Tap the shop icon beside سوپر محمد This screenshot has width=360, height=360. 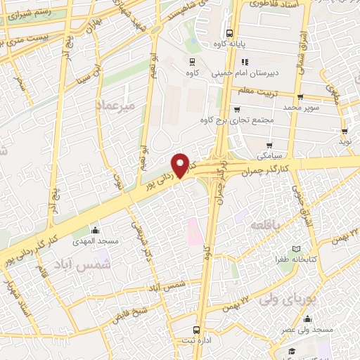[x=300, y=98]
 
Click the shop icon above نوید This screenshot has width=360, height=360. [x=345, y=131]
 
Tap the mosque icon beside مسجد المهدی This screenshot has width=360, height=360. [x=96, y=230]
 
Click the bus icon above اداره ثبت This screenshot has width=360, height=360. [x=196, y=328]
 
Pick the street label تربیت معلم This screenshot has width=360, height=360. [x=258, y=91]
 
